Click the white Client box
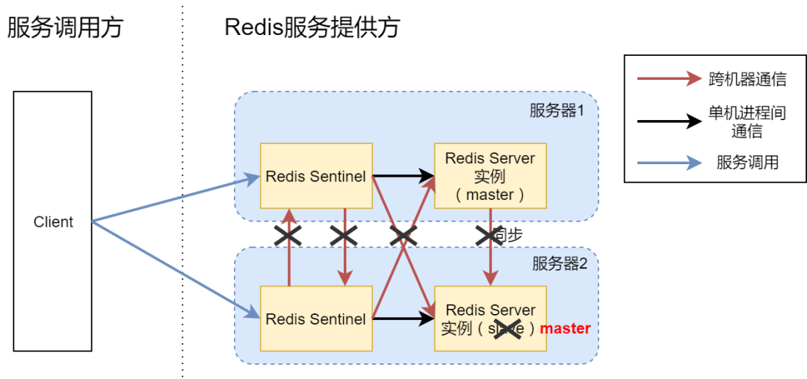coord(52,221)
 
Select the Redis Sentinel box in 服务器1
coord(315,176)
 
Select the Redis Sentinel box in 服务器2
coord(315,319)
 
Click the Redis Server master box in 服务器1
coord(490,176)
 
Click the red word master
coord(565,328)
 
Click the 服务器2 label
coord(560,263)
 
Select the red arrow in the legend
coord(669,79)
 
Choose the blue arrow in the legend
coord(669,163)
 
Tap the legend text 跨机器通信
coord(746,79)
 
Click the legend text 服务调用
coord(746,163)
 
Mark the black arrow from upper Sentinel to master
coord(403,176)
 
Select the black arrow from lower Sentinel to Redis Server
coord(403,319)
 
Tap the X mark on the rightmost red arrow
coord(490,236)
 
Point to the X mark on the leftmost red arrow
coord(288,236)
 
